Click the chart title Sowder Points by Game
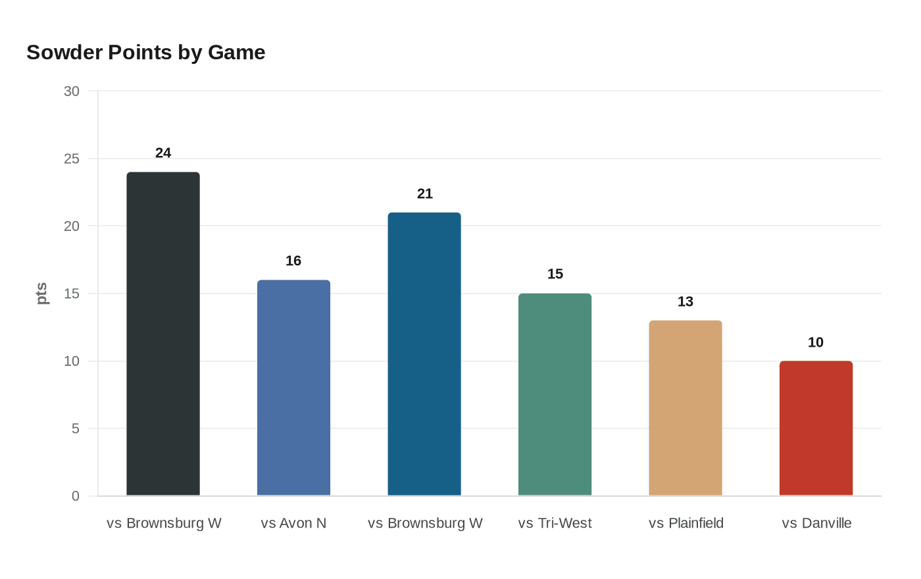click(145, 52)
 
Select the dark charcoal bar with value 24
click(163, 334)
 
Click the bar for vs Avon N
click(293, 388)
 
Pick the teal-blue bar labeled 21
click(424, 354)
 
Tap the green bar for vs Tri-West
click(555, 394)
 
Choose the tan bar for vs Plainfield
click(685, 408)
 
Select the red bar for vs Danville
click(816, 428)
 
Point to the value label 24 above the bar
click(163, 153)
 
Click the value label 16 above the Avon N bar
click(293, 261)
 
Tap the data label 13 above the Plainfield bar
click(685, 301)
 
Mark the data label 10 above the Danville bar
click(816, 342)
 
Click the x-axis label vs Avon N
click(293, 523)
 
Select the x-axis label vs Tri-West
click(555, 523)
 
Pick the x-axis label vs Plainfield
click(685, 523)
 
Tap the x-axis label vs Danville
click(816, 523)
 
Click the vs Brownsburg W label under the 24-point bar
click(164, 523)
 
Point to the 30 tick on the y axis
click(72, 91)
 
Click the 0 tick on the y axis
click(76, 496)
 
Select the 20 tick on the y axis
click(72, 226)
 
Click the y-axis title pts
click(42, 293)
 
